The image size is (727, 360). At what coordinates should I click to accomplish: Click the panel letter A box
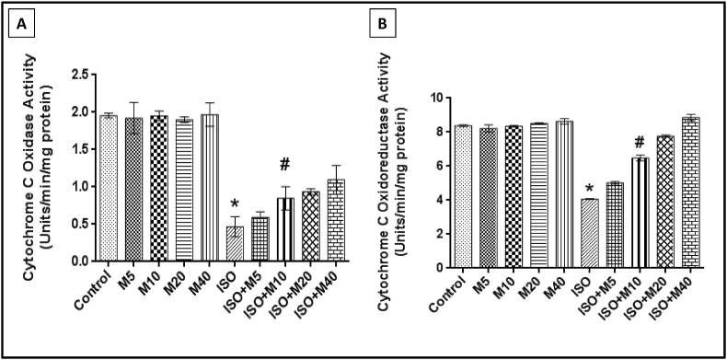click(x=18, y=26)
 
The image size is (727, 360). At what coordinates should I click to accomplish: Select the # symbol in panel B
click(x=614, y=143)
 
